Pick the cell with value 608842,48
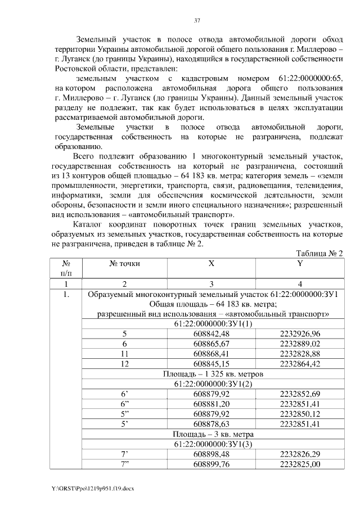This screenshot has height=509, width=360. [211, 334]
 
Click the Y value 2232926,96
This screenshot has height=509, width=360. [299, 334]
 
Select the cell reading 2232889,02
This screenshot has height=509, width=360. [299, 344]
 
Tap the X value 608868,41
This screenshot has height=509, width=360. [211, 354]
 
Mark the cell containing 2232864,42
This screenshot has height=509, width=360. [299, 364]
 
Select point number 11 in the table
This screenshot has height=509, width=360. [124, 354]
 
